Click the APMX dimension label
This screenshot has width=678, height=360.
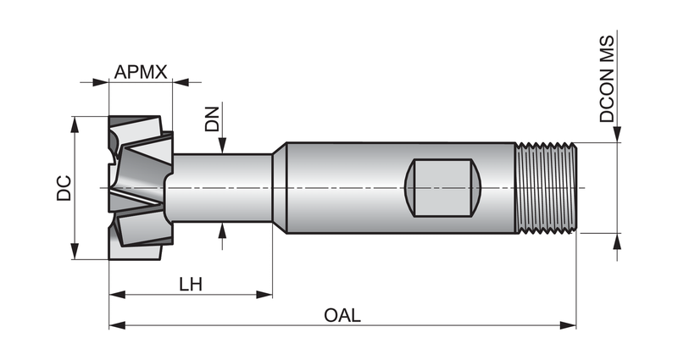(141, 72)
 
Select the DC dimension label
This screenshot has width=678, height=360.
(64, 188)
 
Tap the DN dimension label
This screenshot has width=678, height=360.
(213, 119)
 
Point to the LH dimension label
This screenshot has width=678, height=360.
(191, 285)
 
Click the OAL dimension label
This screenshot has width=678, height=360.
(342, 315)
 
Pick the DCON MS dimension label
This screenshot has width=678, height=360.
(607, 79)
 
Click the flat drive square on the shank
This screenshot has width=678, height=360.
(442, 187)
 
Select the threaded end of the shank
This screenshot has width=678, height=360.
(546, 188)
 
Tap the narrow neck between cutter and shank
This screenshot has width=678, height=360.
(223, 187)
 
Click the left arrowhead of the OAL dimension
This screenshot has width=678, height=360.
(117, 325)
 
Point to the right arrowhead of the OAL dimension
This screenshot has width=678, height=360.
(568, 325)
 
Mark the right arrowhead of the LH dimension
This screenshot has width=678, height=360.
(264, 295)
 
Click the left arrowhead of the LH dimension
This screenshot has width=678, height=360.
(117, 295)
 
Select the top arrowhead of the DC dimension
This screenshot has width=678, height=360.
(75, 125)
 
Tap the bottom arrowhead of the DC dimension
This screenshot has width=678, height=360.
(75, 252)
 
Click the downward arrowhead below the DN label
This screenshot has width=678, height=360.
(222, 146)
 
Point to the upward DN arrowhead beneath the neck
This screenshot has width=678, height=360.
(222, 230)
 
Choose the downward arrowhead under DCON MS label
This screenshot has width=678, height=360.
(617, 134)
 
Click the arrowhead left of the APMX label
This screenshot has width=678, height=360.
(100, 82)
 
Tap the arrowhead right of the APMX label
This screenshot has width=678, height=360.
(181, 82)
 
